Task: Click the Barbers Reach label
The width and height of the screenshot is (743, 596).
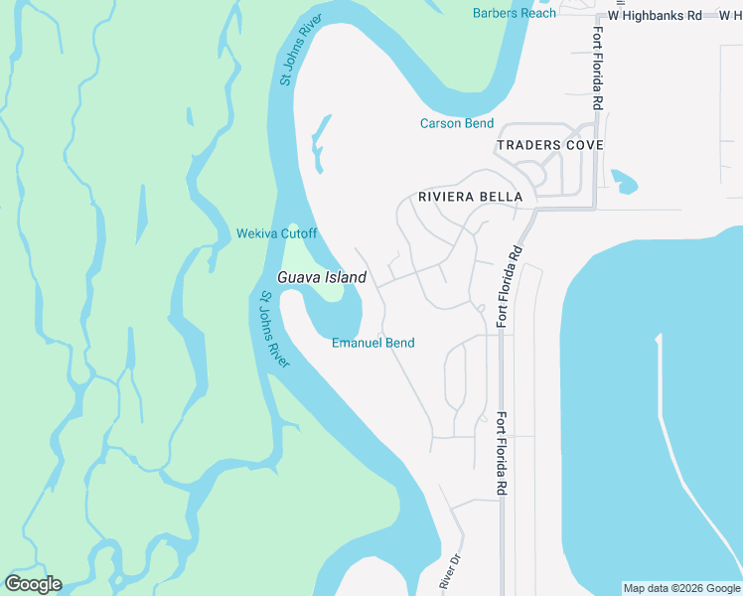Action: [x=515, y=13]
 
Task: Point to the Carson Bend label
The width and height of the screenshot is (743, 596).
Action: [x=456, y=123]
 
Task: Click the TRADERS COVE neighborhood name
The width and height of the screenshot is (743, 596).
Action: [x=549, y=145]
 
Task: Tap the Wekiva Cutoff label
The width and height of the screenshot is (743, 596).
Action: [x=276, y=233]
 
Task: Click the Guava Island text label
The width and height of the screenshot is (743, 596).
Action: [x=322, y=277]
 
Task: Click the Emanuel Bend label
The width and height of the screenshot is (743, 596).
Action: [x=372, y=343]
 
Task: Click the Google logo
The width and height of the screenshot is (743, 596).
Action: [x=33, y=584]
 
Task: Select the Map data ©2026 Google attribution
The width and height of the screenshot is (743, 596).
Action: [x=681, y=588]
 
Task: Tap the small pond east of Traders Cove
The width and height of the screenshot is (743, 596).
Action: [x=624, y=182]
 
